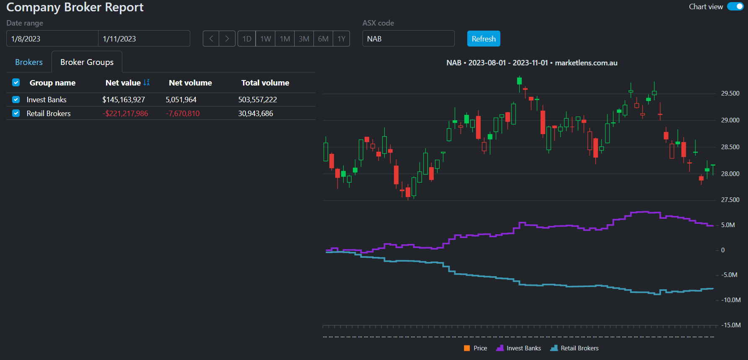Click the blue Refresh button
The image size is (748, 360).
(x=484, y=39)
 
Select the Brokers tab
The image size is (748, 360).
(x=29, y=62)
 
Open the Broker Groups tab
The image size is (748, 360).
(x=87, y=62)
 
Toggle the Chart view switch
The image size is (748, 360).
(x=735, y=7)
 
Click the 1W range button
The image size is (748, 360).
(x=265, y=39)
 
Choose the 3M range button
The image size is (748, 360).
(x=304, y=39)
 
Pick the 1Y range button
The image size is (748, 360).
(x=342, y=39)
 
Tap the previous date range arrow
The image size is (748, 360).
(x=211, y=39)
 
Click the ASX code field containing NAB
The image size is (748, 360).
(x=408, y=39)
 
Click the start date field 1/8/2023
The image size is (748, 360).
(x=52, y=39)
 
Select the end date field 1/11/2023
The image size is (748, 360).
(x=144, y=39)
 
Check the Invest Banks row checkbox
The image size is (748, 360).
(x=16, y=100)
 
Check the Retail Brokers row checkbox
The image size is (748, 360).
(x=16, y=114)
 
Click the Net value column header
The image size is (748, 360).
(x=123, y=83)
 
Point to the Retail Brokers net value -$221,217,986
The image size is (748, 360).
(x=125, y=114)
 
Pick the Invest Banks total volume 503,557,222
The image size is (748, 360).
(x=258, y=100)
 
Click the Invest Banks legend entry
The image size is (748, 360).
(x=519, y=348)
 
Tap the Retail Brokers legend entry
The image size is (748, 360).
(x=575, y=348)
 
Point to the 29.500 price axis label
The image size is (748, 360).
(x=730, y=93)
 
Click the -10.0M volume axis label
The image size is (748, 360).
(x=731, y=300)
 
